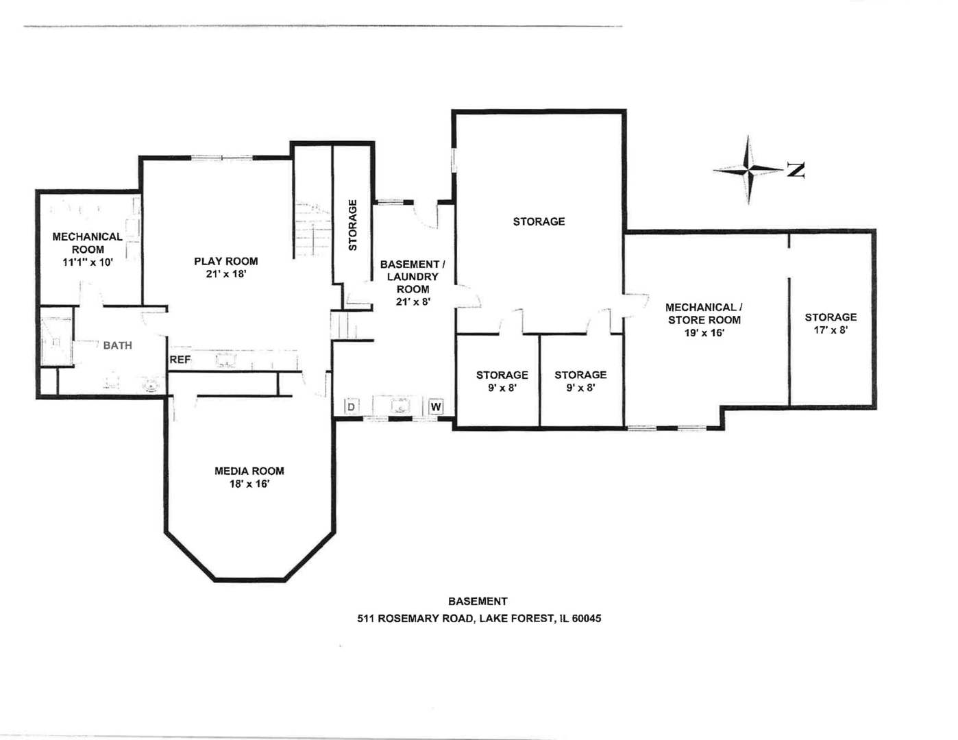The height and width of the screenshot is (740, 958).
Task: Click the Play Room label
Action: [x=225, y=261]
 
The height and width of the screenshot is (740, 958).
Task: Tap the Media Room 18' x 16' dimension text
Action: [x=249, y=484]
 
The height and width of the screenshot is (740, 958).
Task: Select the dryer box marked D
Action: [x=351, y=407]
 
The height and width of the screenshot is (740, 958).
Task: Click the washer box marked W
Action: [x=436, y=407]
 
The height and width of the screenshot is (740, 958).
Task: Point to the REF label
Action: [x=180, y=360]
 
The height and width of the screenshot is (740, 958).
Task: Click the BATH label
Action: [x=117, y=345]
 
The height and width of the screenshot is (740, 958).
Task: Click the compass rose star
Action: [x=748, y=169]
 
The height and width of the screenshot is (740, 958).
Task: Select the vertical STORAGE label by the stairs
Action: [x=353, y=225]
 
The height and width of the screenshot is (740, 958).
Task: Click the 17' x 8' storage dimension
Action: [x=830, y=330]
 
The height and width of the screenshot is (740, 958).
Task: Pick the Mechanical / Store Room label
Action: [x=704, y=314]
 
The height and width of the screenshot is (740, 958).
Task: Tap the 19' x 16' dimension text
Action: [x=704, y=333]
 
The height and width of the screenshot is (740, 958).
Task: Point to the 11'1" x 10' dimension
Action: [x=87, y=262]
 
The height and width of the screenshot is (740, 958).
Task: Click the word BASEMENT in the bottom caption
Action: [x=478, y=601]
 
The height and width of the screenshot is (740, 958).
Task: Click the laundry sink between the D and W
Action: [x=400, y=406]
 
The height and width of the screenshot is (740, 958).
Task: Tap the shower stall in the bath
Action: [x=56, y=341]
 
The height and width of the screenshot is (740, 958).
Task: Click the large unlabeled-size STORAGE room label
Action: [x=539, y=221]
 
